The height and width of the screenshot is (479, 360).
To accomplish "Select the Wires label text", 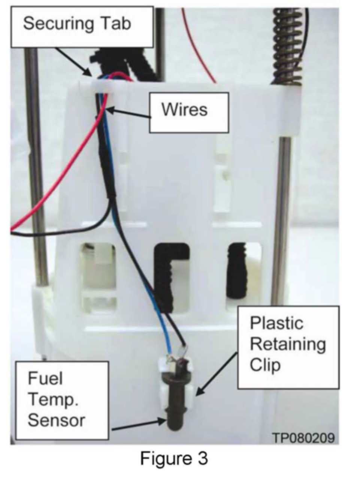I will pyautogui.click(x=184, y=109).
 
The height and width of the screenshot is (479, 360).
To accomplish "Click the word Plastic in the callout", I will pyautogui.click(x=276, y=323).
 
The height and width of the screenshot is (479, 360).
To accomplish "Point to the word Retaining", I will pyautogui.click(x=288, y=344).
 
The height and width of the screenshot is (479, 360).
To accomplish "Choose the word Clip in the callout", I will pyautogui.click(x=265, y=365).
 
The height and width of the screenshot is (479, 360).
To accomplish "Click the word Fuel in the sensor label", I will pyautogui.click(x=45, y=379).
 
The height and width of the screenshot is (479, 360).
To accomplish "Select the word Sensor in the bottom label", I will pyautogui.click(x=56, y=420).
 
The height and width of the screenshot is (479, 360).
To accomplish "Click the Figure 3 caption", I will pyautogui.click(x=174, y=458).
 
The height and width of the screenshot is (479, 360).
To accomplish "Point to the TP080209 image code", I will pyautogui.click(x=303, y=438).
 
